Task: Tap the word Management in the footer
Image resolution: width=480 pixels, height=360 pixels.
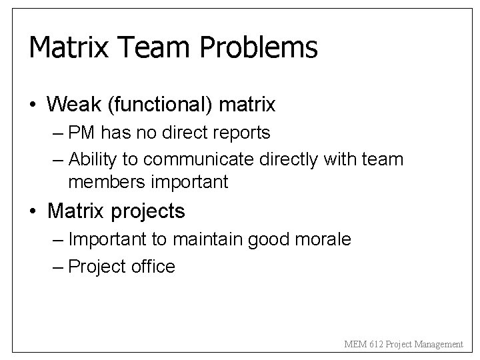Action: tap(439, 345)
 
